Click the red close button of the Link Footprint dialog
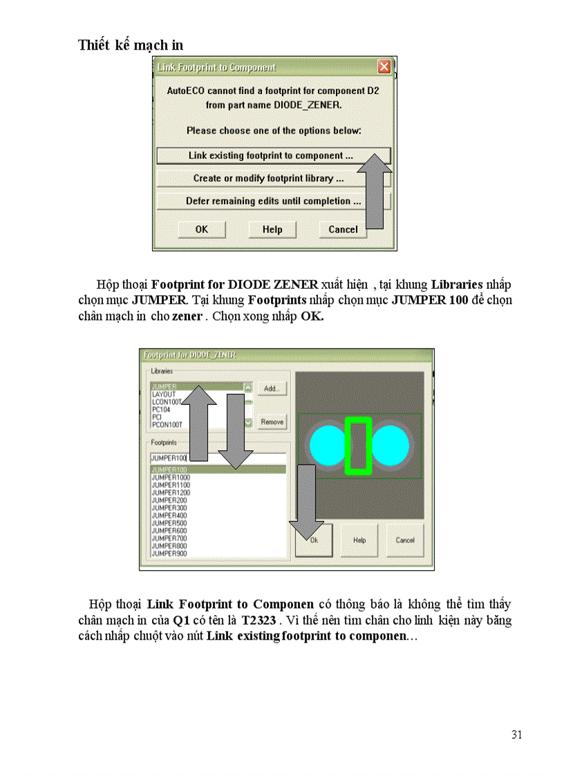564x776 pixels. tap(384, 67)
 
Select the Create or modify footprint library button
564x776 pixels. tap(268, 178)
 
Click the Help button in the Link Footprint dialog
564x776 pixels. tap(272, 229)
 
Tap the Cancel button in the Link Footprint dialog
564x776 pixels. tap(343, 229)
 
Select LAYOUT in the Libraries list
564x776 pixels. tap(164, 395)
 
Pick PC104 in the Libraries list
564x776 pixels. tap(160, 409)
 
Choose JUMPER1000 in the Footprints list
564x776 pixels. tap(171, 477)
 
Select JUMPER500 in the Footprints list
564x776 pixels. tap(169, 523)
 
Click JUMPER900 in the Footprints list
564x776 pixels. tap(169, 553)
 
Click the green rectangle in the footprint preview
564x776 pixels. tap(359, 446)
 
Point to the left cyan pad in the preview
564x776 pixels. tap(326, 445)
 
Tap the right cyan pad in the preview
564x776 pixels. tap(391, 445)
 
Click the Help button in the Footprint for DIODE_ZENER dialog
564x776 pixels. tap(359, 540)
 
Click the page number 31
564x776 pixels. tap(516, 735)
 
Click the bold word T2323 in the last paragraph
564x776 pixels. tap(260, 621)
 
